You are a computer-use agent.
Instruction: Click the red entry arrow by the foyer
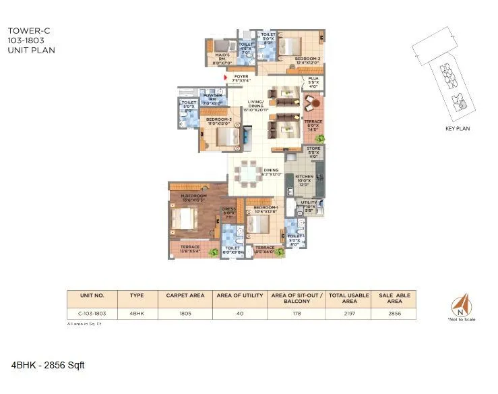click(226, 77)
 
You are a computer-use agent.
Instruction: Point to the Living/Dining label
click(257, 105)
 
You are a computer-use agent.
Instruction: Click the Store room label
click(313, 150)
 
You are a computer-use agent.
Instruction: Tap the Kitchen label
click(304, 179)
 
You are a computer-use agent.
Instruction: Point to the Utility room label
click(308, 204)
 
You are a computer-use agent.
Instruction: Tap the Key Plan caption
click(458, 128)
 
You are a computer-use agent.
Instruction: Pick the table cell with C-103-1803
click(92, 313)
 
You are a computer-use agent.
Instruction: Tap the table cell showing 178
click(297, 313)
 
